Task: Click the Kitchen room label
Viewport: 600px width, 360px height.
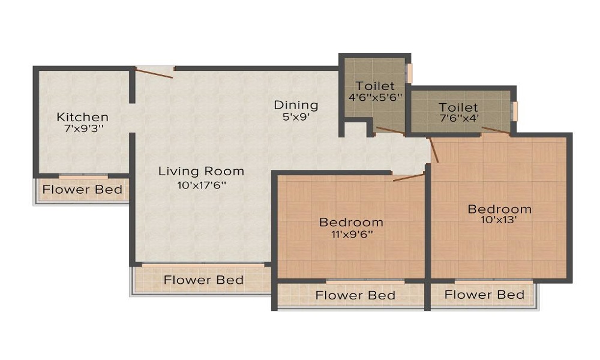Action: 82,116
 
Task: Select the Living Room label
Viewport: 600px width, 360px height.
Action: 201,171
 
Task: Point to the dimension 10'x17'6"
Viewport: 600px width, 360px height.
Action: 201,185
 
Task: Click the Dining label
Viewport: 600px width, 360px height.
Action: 296,105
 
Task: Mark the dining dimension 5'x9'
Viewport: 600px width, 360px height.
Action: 296,118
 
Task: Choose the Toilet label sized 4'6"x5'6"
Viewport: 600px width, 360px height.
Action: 375,86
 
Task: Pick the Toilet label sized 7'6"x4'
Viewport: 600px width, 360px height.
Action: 458,107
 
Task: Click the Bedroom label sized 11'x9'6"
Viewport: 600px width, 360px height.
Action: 351,222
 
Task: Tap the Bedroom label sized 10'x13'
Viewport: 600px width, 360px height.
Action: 500,209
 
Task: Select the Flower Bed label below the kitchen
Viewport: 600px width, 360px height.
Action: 82,190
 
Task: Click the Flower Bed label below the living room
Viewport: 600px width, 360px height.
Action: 203,280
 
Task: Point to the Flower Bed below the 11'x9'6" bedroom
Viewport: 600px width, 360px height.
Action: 355,295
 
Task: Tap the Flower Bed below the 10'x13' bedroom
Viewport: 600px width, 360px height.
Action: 484,294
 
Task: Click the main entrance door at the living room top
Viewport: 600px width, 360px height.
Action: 155,72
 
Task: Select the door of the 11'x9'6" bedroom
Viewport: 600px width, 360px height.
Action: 408,176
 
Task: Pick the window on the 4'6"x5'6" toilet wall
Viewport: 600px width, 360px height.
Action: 410,73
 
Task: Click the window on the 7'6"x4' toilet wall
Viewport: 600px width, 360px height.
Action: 514,110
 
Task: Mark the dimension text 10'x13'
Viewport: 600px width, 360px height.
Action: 500,220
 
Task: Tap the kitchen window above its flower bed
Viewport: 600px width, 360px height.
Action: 83,176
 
